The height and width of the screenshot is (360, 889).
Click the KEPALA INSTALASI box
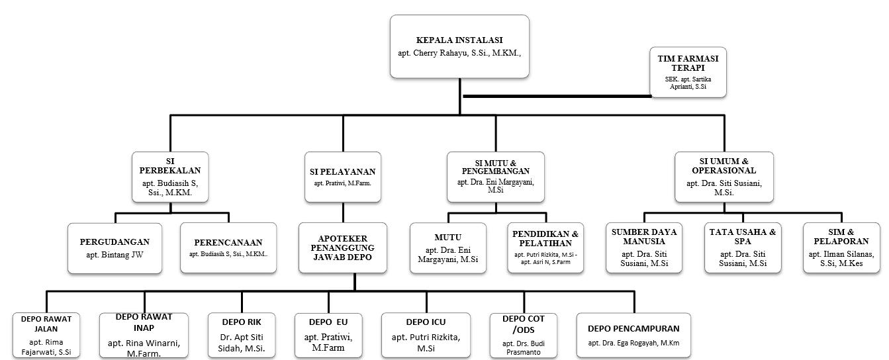(x=459, y=47)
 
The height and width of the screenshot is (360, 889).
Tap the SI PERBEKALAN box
(x=171, y=177)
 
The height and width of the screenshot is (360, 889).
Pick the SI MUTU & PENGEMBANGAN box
(x=495, y=177)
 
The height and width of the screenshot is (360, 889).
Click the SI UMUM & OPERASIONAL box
(x=724, y=177)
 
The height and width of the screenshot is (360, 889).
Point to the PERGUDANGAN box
(x=115, y=247)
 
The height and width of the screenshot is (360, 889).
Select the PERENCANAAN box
(x=228, y=247)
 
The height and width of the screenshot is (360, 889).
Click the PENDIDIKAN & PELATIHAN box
(x=546, y=247)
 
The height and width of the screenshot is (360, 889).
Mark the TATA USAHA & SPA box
(x=743, y=247)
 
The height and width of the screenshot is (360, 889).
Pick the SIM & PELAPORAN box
(x=842, y=247)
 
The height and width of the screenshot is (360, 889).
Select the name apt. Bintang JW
(x=115, y=255)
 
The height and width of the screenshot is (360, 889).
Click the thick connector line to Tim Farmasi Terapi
(x=556, y=96)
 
